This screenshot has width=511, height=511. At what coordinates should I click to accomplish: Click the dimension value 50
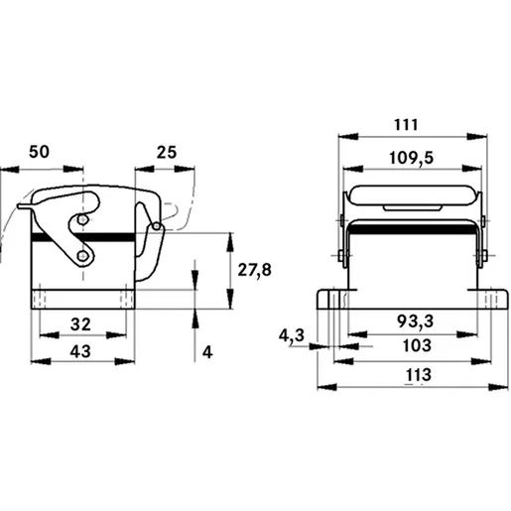click(39, 152)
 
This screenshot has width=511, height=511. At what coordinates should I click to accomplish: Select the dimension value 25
click(167, 153)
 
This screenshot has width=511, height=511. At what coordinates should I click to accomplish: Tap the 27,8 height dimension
click(254, 270)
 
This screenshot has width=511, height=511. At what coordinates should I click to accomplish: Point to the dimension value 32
click(80, 324)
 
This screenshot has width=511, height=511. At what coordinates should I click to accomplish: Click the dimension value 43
click(80, 351)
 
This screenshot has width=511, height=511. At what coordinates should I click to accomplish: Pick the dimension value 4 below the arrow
click(207, 352)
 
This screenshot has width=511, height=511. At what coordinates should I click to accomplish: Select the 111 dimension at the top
click(406, 125)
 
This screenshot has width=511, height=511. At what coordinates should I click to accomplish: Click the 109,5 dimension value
click(411, 158)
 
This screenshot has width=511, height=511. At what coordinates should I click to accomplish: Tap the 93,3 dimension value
click(415, 321)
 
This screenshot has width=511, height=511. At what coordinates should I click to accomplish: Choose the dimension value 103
click(417, 345)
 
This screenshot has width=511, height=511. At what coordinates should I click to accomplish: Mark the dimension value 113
click(419, 375)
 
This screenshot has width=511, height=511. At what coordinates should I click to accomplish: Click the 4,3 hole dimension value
click(292, 336)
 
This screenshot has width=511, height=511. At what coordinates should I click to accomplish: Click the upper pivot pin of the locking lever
click(82, 219)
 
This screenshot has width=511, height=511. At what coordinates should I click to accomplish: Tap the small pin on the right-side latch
click(157, 226)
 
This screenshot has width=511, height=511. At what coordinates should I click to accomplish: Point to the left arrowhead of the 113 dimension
click(326, 387)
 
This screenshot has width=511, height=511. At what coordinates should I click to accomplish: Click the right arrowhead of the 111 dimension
click(477, 136)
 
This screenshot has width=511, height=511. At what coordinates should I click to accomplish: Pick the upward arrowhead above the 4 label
click(194, 319)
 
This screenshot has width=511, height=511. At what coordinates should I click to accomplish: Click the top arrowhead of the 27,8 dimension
click(230, 243)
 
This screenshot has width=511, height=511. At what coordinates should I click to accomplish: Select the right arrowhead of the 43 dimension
click(125, 361)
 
